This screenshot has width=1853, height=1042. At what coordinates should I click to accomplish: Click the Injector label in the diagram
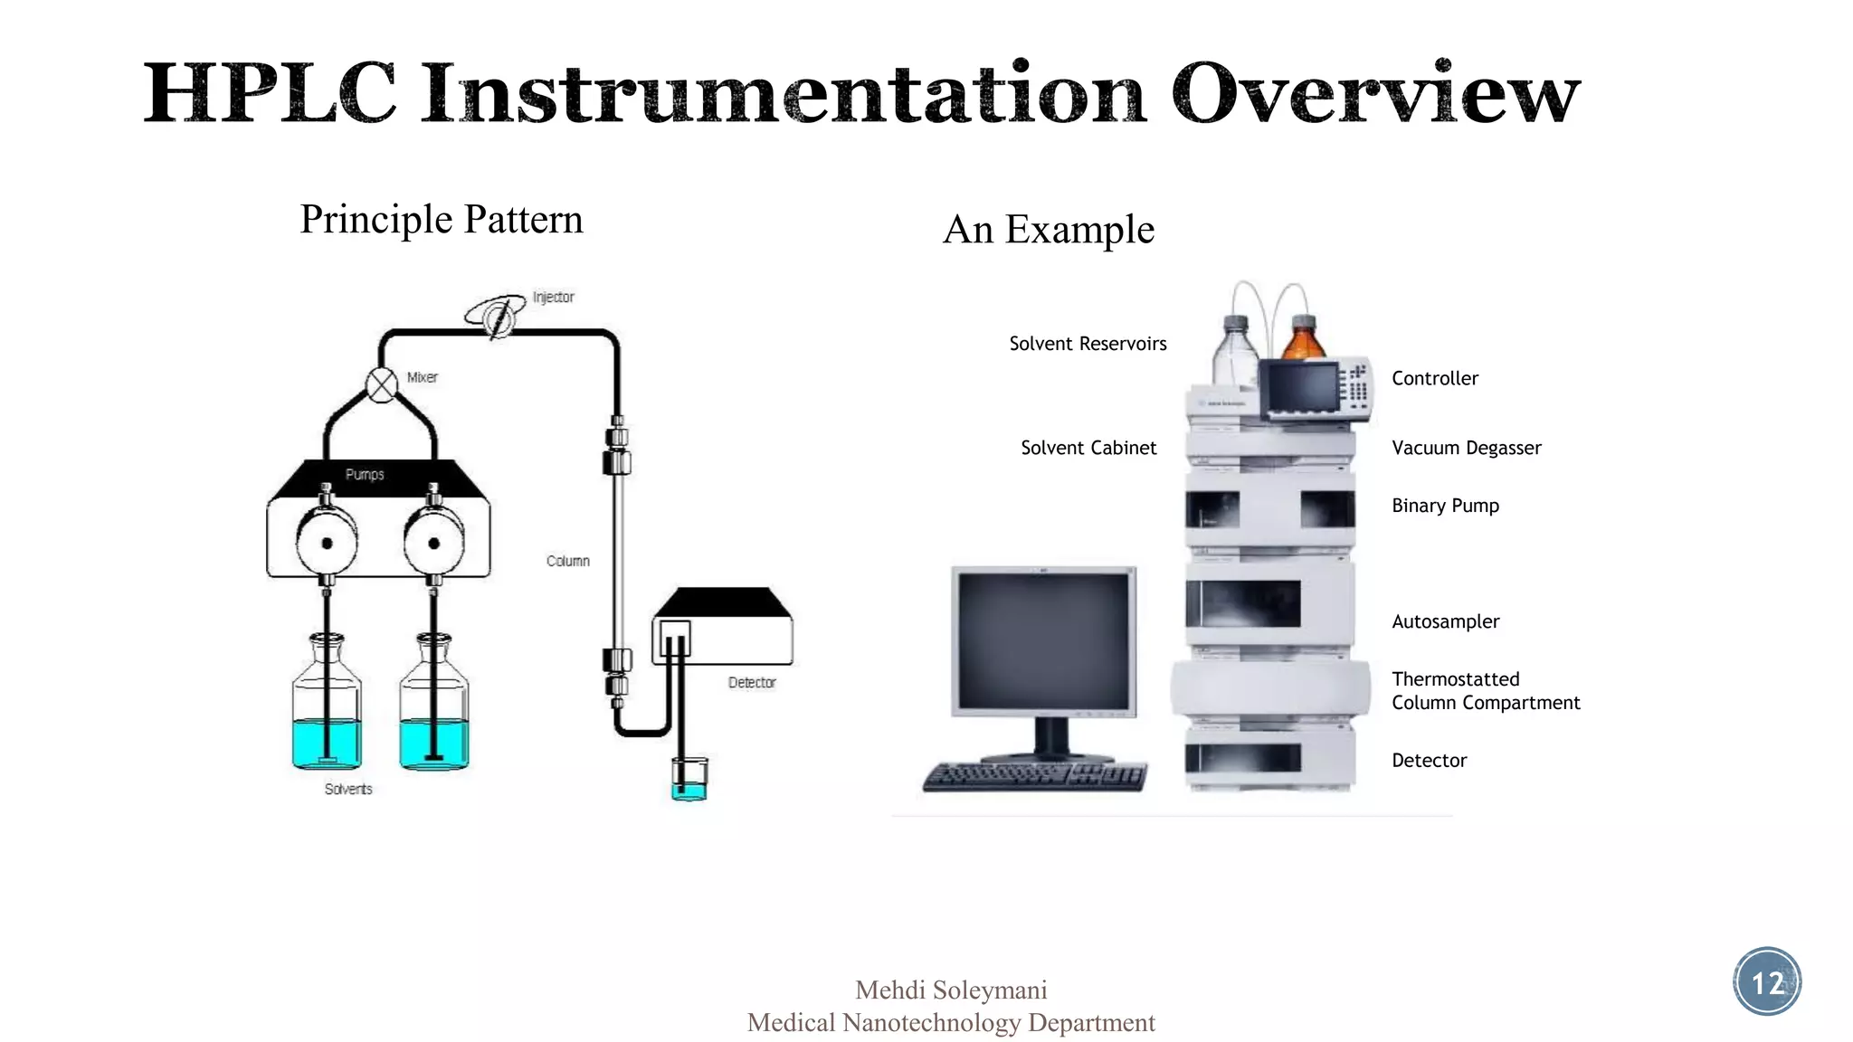pyautogui.click(x=553, y=297)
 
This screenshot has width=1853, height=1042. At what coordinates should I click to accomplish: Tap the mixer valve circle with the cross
pyautogui.click(x=382, y=385)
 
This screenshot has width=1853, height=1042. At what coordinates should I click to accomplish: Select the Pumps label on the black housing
pyautogui.click(x=365, y=474)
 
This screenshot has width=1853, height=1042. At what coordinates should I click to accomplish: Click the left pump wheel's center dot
pyautogui.click(x=327, y=544)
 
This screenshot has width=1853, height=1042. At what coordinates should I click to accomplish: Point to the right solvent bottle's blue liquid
pyautogui.click(x=434, y=744)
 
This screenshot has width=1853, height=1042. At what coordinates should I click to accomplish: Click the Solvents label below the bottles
pyautogui.click(x=348, y=789)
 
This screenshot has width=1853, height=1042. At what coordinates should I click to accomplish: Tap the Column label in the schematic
pyautogui.click(x=567, y=561)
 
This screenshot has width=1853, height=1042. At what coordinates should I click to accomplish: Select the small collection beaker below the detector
pyautogui.click(x=689, y=780)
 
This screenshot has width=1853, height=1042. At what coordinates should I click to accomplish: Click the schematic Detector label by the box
pyautogui.click(x=752, y=682)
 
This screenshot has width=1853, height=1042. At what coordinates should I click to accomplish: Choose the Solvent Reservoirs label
pyautogui.click(x=1088, y=344)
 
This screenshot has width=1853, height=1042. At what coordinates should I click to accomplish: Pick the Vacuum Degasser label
pyautogui.click(x=1466, y=448)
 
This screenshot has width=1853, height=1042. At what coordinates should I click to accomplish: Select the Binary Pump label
pyautogui.click(x=1445, y=506)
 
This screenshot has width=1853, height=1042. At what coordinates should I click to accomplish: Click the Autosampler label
pyautogui.click(x=1445, y=621)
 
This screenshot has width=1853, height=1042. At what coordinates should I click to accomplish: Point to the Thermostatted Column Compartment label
pyautogui.click(x=1485, y=691)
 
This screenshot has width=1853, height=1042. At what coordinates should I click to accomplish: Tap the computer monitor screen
pyautogui.click(x=1044, y=640)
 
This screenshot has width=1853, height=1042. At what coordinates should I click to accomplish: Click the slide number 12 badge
pyautogui.click(x=1767, y=982)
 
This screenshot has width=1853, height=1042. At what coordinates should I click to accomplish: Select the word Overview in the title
pyautogui.click(x=1375, y=93)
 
